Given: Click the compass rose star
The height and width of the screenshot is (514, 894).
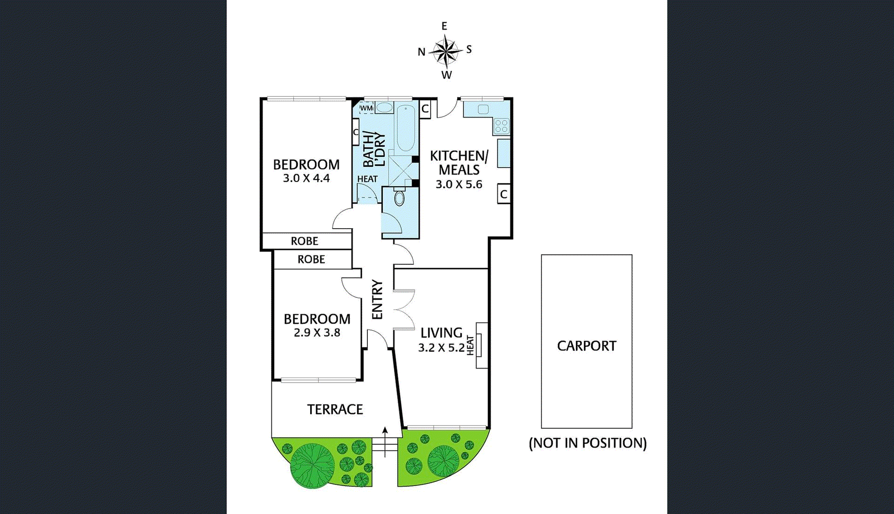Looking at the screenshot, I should pos(446,51).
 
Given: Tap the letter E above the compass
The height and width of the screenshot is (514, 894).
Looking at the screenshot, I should pos(444,27).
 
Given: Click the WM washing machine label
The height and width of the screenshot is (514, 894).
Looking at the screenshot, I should pos(366,108).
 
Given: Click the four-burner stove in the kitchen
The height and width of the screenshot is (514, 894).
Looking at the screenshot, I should pos(501,126).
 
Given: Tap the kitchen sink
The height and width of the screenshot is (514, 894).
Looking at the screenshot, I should pos(483,109).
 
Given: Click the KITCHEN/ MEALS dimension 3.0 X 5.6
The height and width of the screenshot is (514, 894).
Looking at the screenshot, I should pos(459,184).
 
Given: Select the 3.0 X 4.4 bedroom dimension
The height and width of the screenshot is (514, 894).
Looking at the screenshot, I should pos(306,178).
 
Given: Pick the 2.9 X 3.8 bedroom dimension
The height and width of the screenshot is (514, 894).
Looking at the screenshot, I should pos(317,333).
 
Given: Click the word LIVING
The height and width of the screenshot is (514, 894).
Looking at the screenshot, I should pos(441,333).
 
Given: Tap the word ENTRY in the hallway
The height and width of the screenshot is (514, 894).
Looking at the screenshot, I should pos(377,299).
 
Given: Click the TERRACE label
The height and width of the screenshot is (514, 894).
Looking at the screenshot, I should pos(335,409).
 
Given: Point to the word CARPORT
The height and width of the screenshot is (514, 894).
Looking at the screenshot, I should pos(586,346).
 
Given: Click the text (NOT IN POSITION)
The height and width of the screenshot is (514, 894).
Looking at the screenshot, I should pos(588,443).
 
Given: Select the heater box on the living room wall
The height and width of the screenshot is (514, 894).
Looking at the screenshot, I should pos(481,345).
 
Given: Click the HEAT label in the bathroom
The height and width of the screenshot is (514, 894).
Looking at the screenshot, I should pos(367,179).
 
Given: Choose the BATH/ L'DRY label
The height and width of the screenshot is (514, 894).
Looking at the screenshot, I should pos(374,149).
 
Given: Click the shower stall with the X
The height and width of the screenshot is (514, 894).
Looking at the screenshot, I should pos(401,170).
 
